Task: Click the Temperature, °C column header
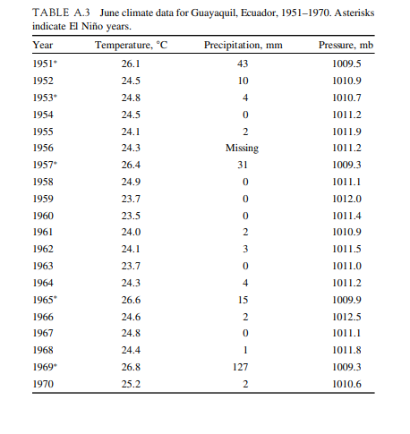(132, 44)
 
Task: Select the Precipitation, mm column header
(243, 44)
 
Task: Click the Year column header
(42, 44)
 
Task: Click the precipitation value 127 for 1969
(242, 366)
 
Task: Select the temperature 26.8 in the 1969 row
(132, 366)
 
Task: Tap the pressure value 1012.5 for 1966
(346, 315)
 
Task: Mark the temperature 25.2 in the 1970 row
(132, 383)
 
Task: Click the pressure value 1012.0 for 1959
(346, 197)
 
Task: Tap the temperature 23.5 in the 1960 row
(132, 214)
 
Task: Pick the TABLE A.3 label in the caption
(60, 13)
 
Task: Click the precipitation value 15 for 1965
(242, 298)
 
